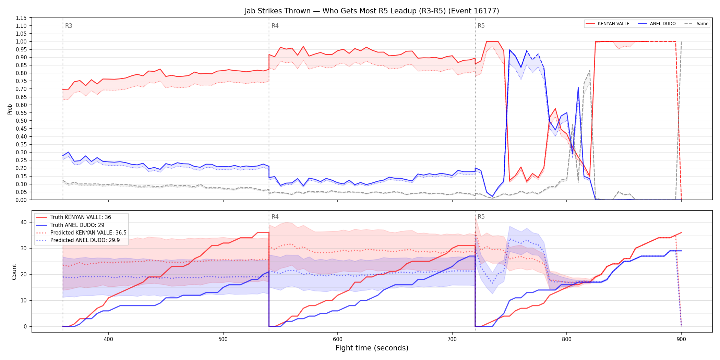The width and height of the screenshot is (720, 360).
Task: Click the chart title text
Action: pos(372,11)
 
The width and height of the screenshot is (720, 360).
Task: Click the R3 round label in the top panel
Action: pos(69,26)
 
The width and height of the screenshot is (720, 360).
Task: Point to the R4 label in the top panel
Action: pos(275,26)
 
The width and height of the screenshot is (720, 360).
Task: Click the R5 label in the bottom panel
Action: pos(481,217)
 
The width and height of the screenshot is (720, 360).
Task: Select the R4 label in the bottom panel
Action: pos(275,217)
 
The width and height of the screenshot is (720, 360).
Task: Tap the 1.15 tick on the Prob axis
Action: pos(21,18)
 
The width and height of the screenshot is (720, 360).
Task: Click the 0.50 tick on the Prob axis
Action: pos(21,121)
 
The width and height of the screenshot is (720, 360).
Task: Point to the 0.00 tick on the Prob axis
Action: pos(21,200)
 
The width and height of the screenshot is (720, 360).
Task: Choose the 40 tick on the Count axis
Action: pos(23,222)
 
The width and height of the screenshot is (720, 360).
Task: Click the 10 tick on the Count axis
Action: pos(23,300)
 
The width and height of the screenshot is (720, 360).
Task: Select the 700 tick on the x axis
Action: pos(452,339)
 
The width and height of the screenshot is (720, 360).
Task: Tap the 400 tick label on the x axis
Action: pos(108,339)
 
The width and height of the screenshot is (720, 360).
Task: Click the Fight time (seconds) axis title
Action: pos(372,348)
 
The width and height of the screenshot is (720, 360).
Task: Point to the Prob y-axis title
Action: pos(10,109)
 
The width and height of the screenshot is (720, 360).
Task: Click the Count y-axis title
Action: pos(14,272)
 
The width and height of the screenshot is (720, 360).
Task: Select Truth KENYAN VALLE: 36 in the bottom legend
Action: pos(81,217)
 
